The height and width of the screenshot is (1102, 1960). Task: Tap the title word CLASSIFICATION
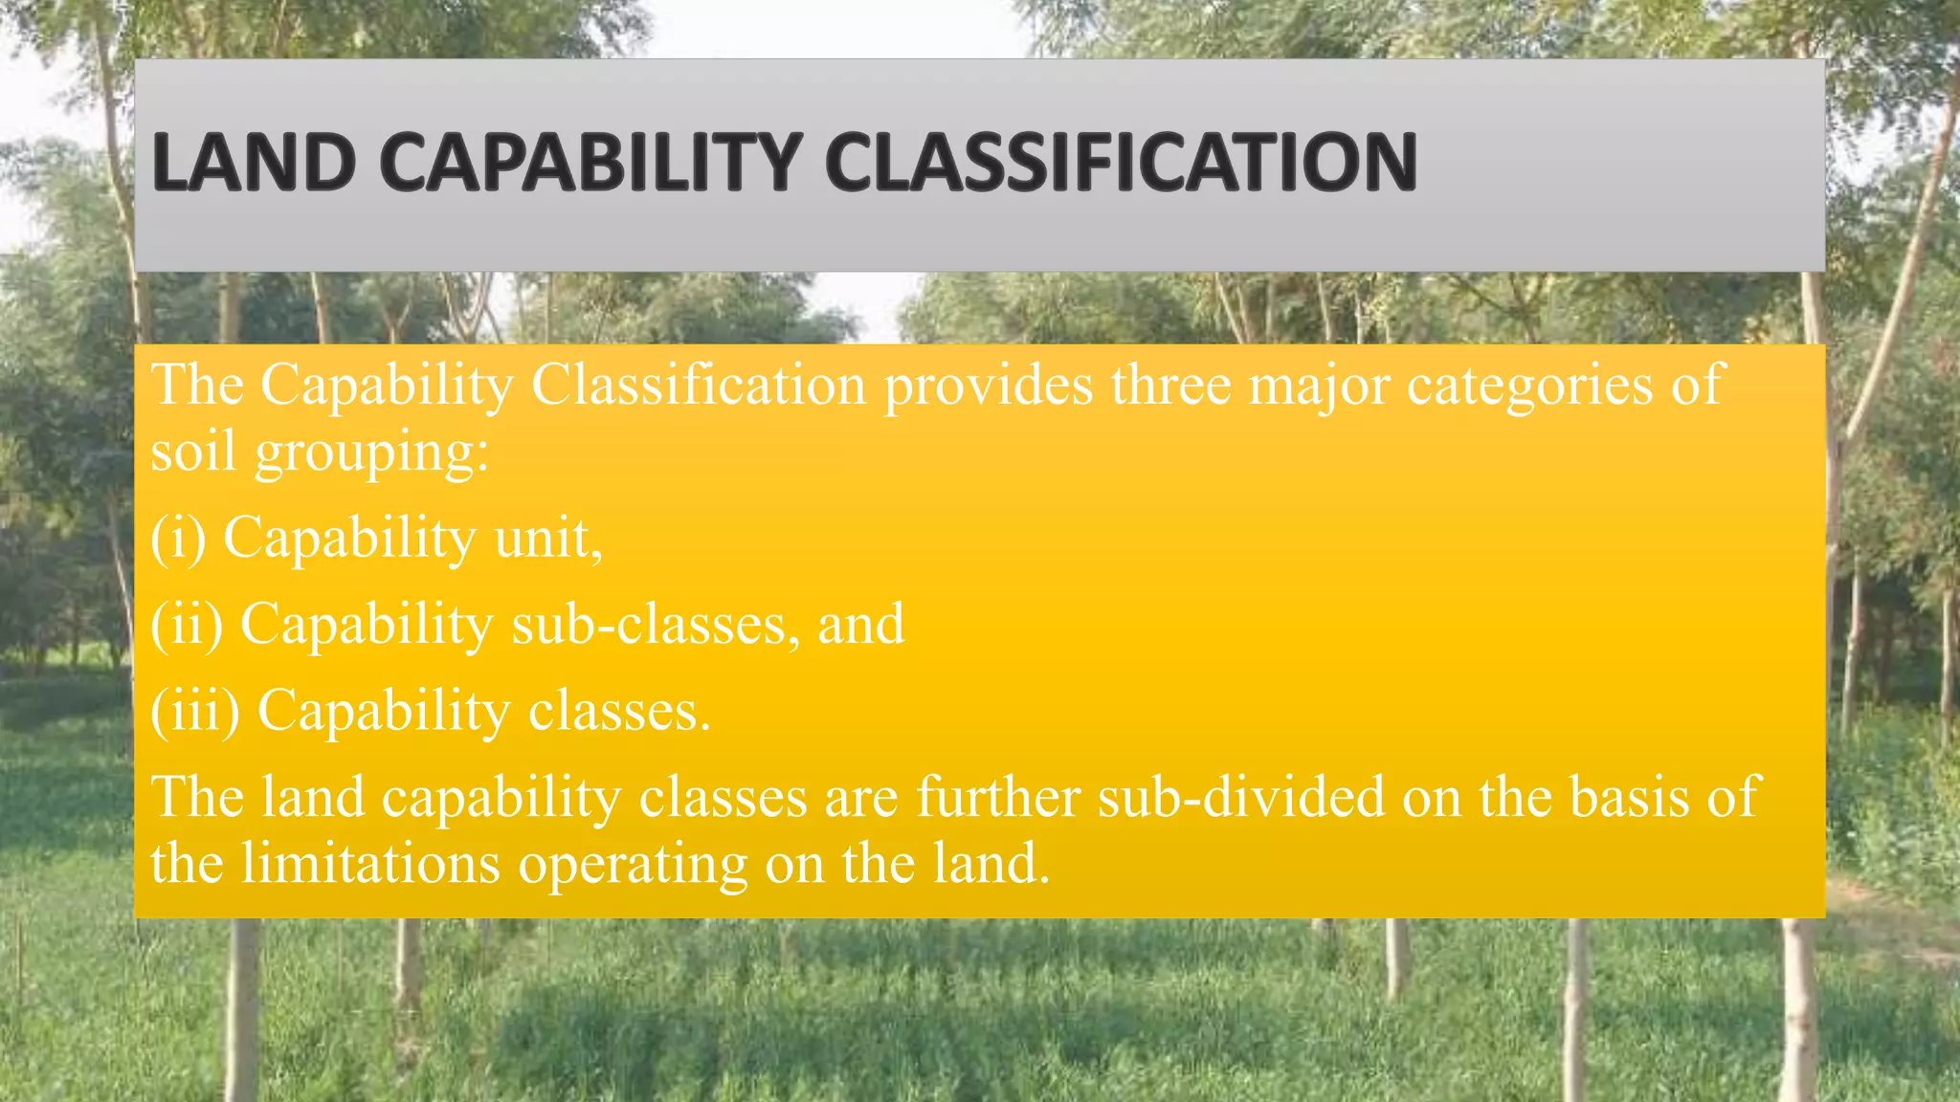[x=1121, y=163]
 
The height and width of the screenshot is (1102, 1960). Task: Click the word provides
[x=988, y=386]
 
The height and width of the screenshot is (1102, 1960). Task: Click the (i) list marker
[x=178, y=538]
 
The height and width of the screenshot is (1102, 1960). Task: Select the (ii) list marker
[x=187, y=624]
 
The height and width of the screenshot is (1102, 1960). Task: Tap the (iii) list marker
[x=195, y=711]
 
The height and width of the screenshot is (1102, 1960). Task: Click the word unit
[x=547, y=538]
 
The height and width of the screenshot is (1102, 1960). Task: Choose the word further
[x=998, y=796]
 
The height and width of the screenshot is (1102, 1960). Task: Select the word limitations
[x=370, y=863]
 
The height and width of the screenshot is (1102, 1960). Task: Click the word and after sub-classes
[x=860, y=624]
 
